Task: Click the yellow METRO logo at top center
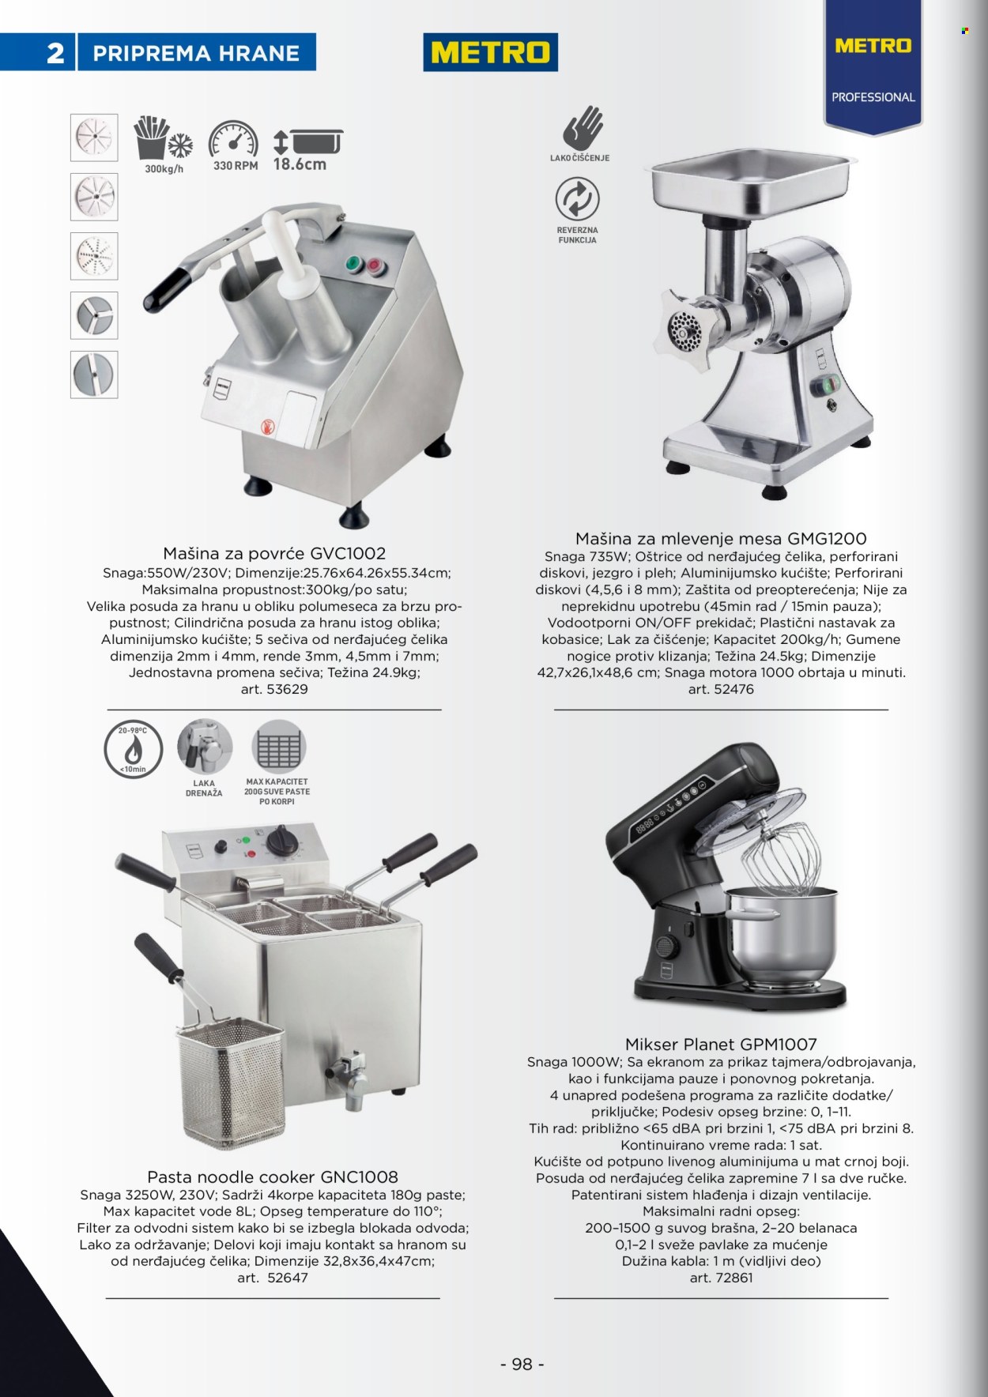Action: click(491, 52)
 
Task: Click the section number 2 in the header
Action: click(55, 53)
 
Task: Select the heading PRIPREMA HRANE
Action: click(196, 53)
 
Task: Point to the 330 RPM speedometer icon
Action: click(234, 140)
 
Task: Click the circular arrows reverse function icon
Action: click(577, 198)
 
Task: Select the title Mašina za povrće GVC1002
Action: click(274, 553)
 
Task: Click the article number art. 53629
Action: click(274, 689)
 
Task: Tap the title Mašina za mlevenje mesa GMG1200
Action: click(721, 539)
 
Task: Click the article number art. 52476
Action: click(721, 689)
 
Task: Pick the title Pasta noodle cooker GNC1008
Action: click(273, 1177)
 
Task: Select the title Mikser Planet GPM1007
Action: click(721, 1044)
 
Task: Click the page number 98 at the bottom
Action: click(522, 1364)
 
